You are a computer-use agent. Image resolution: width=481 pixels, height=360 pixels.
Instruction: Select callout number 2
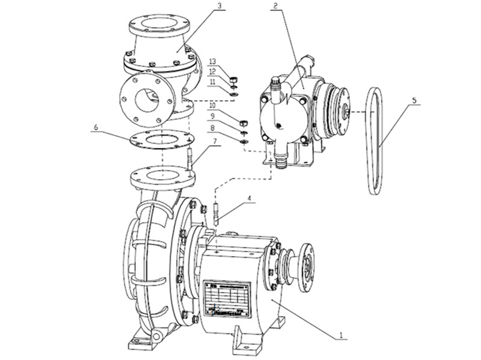click(275, 7)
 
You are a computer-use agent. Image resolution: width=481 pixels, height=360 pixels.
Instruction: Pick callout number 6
click(96, 127)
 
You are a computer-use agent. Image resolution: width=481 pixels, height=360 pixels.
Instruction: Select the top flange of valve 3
click(159, 25)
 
